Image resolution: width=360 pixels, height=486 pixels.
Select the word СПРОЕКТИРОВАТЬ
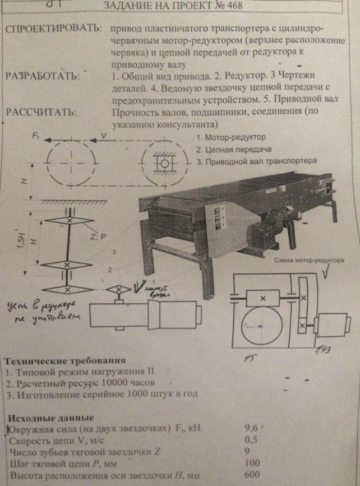coord(54,29)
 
